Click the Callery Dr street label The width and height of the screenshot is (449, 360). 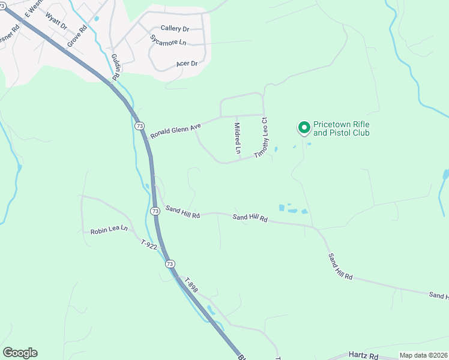coord(175,29)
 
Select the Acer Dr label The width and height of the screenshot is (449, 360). coord(187,64)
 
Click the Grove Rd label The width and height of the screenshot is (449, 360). coord(77,35)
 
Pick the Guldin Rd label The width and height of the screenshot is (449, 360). coord(116,67)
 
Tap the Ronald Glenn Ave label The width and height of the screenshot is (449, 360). coord(175,128)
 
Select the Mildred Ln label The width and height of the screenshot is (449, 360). coord(238,137)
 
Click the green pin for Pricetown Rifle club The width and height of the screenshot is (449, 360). coord(304,127)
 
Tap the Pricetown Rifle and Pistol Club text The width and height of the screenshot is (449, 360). coord(342,128)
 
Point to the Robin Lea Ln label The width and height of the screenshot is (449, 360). coord(109,229)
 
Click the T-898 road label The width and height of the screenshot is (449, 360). coord(191,285)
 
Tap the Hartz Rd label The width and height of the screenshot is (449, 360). coord(365,356)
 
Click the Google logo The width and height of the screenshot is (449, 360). coord(20,353)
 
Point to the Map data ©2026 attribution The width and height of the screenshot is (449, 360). coord(423,355)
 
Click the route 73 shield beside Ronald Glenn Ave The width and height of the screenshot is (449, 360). coord(140,126)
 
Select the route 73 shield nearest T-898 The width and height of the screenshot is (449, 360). coord(170,264)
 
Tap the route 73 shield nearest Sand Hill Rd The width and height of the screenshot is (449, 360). coord(155,211)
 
